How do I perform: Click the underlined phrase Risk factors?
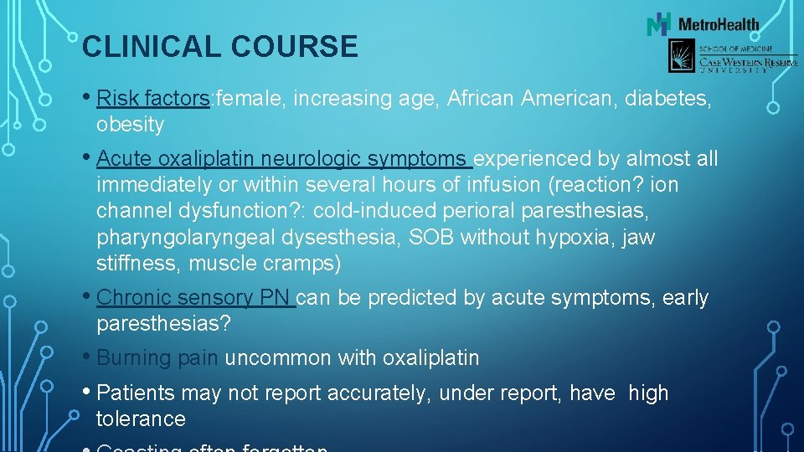pyautogui.click(x=152, y=99)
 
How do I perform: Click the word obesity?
pyautogui.click(x=130, y=125)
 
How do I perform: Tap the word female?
pyautogui.click(x=251, y=99)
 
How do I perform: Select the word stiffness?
pyautogui.click(x=139, y=264)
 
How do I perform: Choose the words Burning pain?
pyautogui.click(x=157, y=358)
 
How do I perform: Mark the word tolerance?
pyautogui.click(x=141, y=419)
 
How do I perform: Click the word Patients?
pyautogui.click(x=137, y=393)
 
